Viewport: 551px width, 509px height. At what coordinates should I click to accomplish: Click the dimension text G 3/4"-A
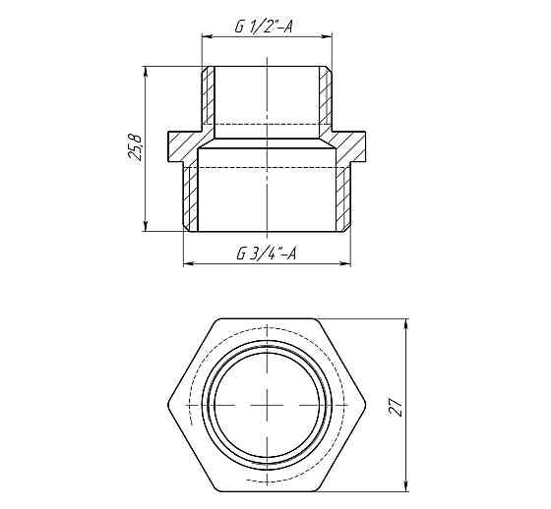(268, 254)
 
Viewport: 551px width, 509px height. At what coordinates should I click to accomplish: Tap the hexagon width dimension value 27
(396, 406)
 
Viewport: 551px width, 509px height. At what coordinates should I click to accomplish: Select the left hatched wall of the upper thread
(208, 98)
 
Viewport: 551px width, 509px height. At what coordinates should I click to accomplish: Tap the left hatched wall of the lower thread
(192, 197)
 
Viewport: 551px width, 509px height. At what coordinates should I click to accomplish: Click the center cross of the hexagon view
(269, 406)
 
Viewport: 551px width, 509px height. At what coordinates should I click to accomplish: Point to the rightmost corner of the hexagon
(365, 406)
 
